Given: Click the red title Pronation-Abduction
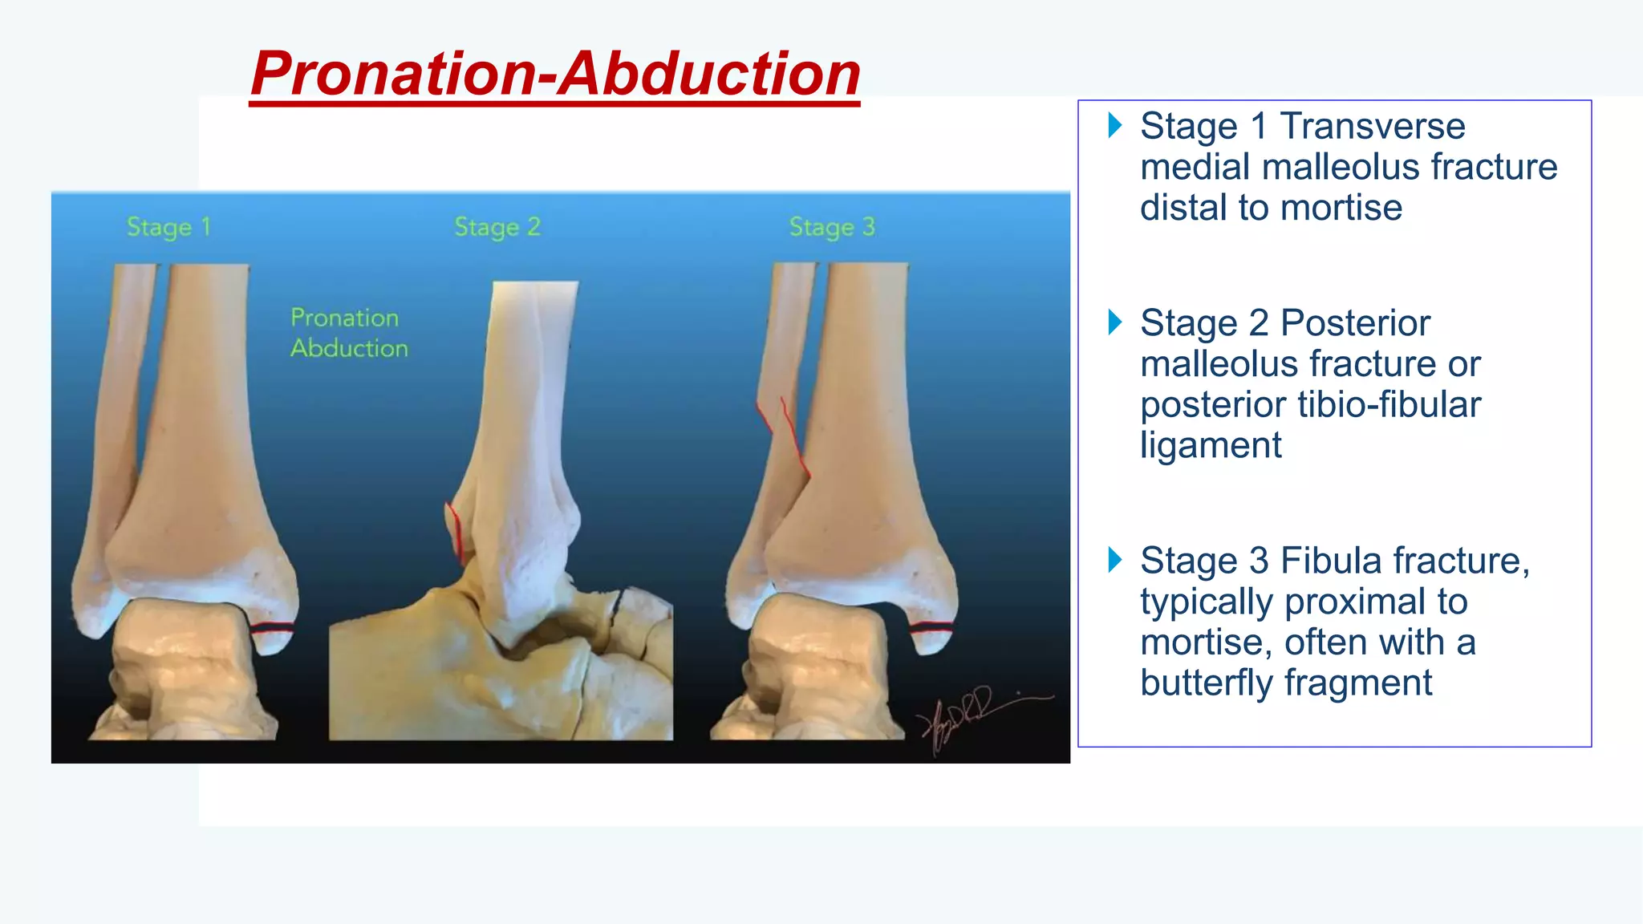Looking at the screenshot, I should point(555,74).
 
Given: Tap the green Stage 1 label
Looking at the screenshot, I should point(168,227).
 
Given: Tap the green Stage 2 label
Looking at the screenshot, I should point(497,227).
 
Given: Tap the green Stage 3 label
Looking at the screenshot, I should point(832,227).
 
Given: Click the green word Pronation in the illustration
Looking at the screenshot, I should point(344,318).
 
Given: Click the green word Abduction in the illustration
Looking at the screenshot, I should point(349,348).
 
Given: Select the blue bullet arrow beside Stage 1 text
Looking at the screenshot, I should point(1114,125).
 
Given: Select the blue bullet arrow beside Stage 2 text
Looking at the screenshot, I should point(1114,322).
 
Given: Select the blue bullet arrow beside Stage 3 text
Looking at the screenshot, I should point(1114,560).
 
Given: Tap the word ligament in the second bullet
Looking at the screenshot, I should point(1211,446).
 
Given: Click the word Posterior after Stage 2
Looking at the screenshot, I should point(1355,323).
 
